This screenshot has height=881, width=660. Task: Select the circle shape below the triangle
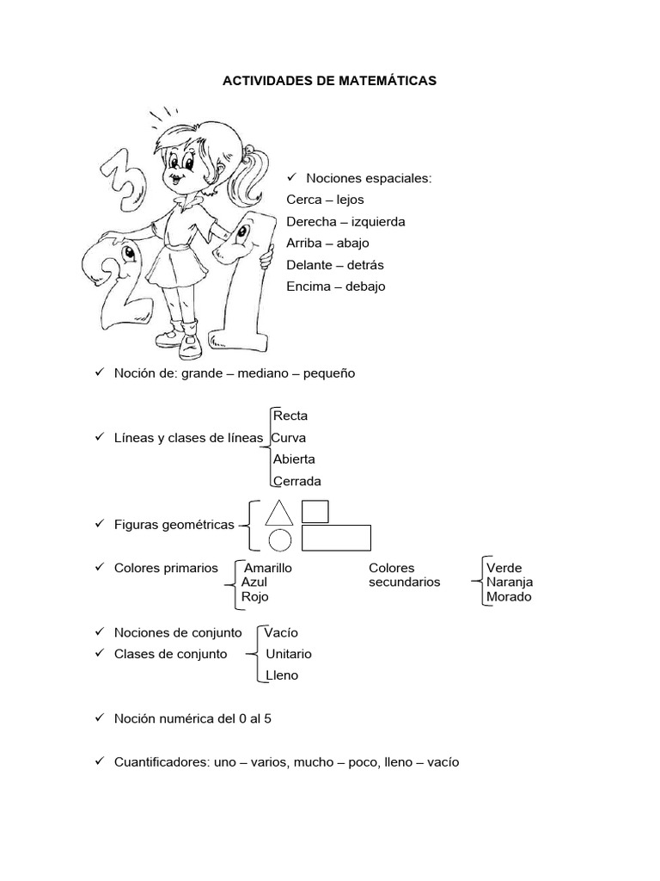coord(280,540)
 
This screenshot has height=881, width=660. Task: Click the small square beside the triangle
coord(315,511)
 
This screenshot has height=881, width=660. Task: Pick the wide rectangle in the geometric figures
coord(336,538)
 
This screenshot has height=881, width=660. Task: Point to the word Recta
coord(290,416)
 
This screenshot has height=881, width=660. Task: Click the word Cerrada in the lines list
coord(296,481)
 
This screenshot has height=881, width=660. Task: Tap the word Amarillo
coord(268,568)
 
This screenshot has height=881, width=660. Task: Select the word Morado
coord(509,596)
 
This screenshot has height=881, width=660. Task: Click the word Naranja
coord(510,582)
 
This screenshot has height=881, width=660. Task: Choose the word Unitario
coord(289,653)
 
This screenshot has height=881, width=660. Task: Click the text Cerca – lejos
coord(325,200)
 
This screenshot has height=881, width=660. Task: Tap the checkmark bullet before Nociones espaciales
coord(291,177)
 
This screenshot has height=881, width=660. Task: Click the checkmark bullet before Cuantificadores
coord(99,761)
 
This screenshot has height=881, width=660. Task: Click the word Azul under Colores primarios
coord(254,582)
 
